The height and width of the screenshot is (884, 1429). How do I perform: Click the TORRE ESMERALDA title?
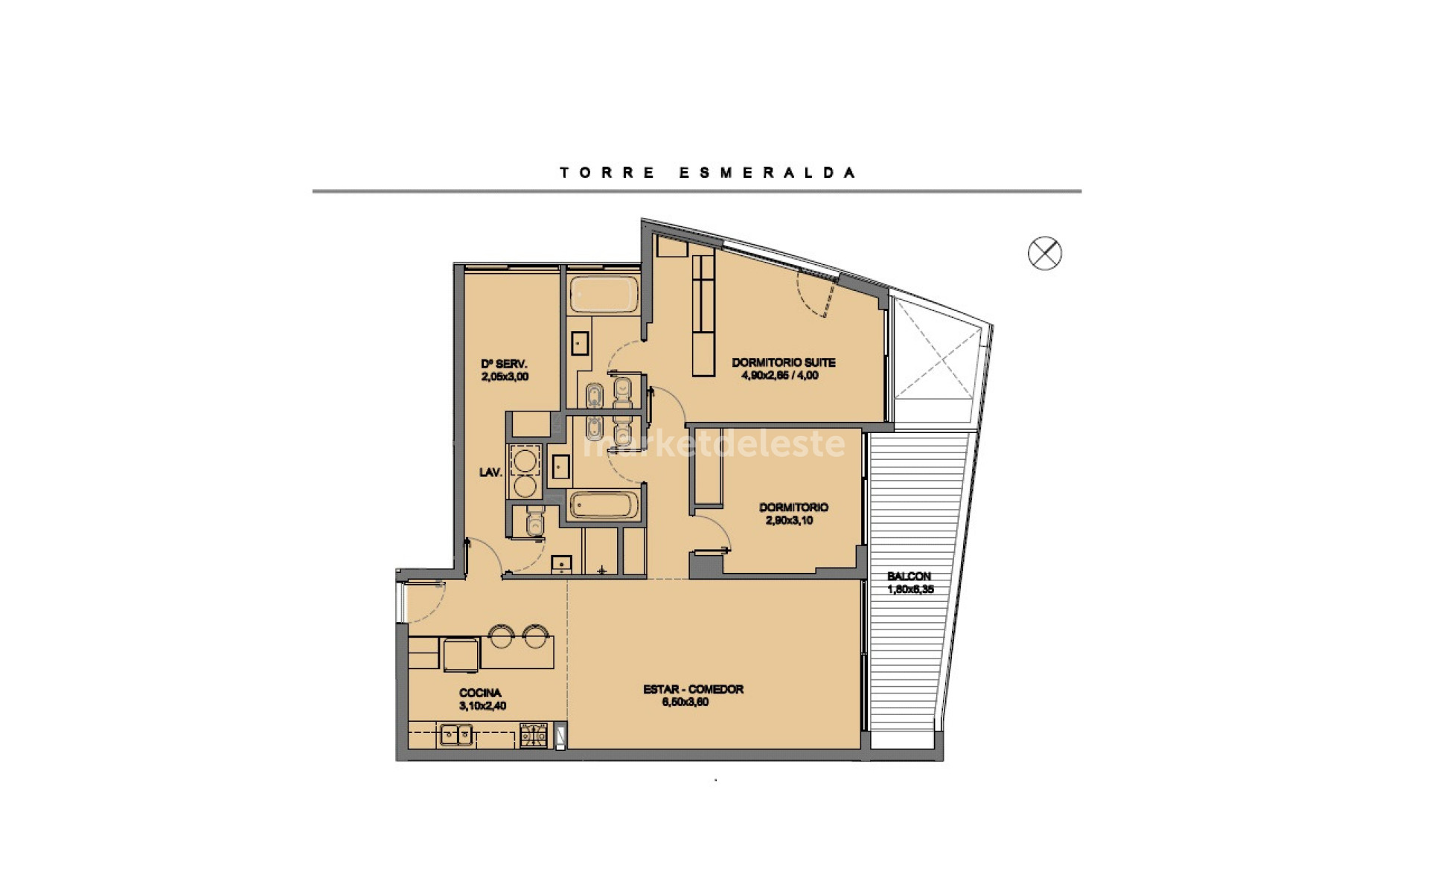click(x=707, y=173)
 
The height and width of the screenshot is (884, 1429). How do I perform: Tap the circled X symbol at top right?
click(x=1044, y=253)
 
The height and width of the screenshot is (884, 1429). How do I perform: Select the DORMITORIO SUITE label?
click(x=783, y=362)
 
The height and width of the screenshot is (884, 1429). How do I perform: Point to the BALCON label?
click(x=909, y=576)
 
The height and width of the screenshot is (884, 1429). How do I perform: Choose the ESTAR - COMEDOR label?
click(x=693, y=689)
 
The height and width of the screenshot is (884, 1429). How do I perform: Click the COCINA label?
click(x=480, y=692)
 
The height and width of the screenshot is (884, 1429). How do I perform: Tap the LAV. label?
click(x=490, y=472)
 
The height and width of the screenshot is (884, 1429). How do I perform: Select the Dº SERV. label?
click(x=504, y=364)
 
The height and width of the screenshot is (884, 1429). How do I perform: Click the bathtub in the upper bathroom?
click(x=604, y=295)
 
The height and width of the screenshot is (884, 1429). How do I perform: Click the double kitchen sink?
click(x=455, y=735)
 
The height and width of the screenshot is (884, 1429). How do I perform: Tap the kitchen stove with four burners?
click(x=533, y=735)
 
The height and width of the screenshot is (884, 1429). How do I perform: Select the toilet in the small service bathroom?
click(x=534, y=522)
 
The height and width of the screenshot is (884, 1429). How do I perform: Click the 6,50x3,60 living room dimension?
click(x=685, y=702)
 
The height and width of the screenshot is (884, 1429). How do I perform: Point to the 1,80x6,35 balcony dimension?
click(x=910, y=589)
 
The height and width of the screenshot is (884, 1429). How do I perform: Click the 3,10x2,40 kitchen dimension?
click(x=482, y=705)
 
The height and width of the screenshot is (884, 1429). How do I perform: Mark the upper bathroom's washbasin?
click(x=580, y=343)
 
